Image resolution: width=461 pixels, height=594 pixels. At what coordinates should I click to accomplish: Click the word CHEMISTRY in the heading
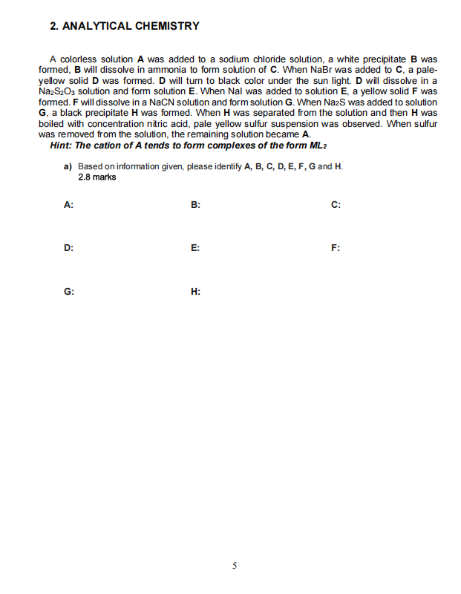[167, 26]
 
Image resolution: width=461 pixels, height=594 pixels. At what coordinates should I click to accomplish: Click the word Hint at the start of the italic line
[62, 145]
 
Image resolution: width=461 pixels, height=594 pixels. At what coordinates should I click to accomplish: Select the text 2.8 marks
[97, 177]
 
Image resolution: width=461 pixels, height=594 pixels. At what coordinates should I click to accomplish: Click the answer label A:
[68, 206]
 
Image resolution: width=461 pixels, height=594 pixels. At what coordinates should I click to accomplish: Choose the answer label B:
[195, 206]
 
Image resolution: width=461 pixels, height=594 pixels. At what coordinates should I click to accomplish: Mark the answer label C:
[336, 206]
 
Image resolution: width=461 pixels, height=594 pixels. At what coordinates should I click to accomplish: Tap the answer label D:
[68, 249]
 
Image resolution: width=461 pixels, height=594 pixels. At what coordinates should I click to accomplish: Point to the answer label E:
[195, 249]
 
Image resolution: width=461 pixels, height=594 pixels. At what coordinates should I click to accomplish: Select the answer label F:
[336, 249]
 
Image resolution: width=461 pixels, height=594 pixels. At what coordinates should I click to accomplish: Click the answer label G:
[68, 292]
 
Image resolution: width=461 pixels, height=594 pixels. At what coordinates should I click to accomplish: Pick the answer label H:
[195, 292]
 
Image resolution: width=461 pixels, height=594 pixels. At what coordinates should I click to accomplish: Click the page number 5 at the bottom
[234, 566]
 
